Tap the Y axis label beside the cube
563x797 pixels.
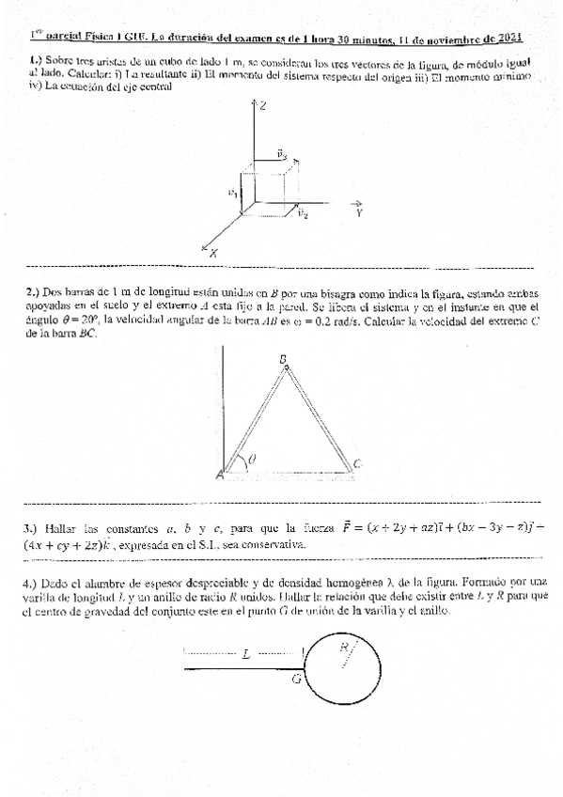click(359, 214)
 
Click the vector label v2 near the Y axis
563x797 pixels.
click(302, 214)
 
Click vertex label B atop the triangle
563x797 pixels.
click(283, 359)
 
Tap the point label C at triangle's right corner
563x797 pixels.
click(358, 463)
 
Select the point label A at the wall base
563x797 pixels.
click(220, 476)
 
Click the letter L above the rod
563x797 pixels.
click(246, 654)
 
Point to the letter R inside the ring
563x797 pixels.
click(345, 647)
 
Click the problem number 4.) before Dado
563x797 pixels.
click(30, 583)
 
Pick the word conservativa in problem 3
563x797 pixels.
click(273, 545)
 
